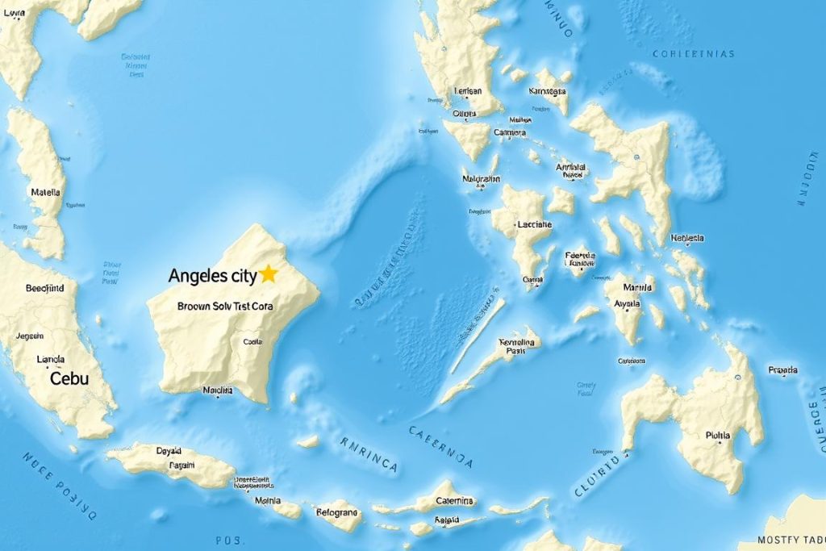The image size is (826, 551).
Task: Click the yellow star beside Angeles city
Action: click(269, 274)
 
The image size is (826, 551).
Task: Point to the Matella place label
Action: click(45, 193)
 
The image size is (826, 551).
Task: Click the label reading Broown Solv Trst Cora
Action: click(224, 307)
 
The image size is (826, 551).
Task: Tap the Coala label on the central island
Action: click(253, 341)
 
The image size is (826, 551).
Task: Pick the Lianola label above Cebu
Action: click(50, 360)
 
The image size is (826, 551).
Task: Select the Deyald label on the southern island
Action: click(169, 451)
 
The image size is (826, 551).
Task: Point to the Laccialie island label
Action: click(533, 224)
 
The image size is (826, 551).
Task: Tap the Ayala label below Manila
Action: click(628, 304)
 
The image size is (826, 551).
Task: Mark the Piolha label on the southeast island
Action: click(717, 435)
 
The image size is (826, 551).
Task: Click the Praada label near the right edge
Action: click(782, 370)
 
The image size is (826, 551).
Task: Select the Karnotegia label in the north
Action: click(549, 91)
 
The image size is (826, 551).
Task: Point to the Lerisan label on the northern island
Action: click(468, 91)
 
